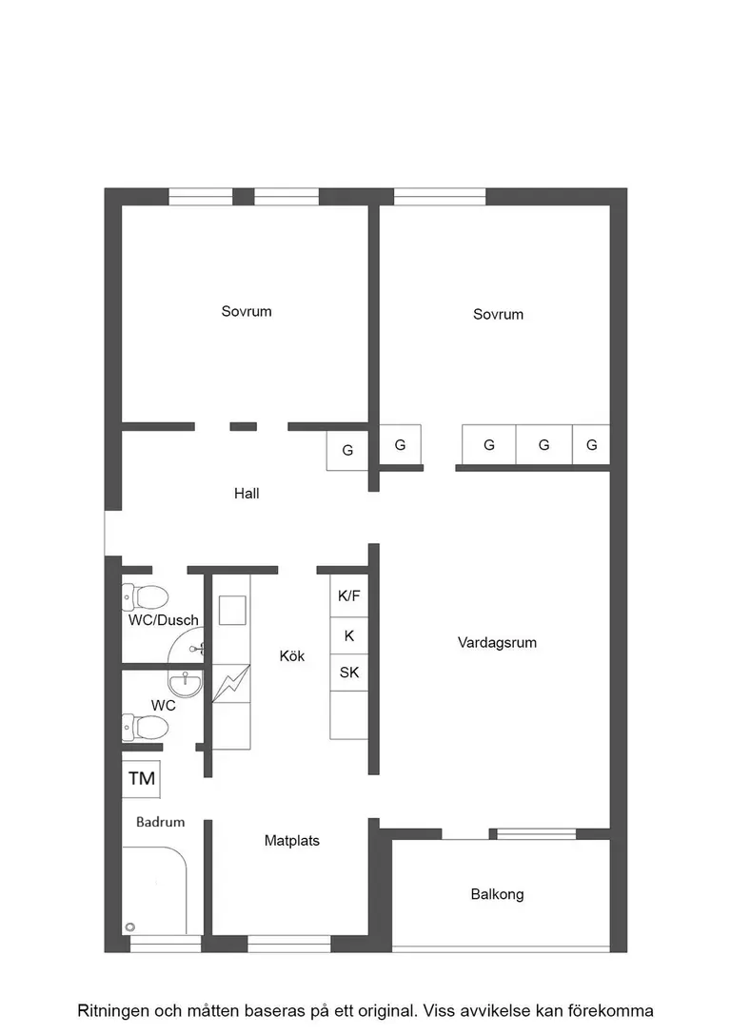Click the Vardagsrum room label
pos(497,643)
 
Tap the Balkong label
pos(497,894)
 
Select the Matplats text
pos(292,841)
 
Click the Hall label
pos(247,494)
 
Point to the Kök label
pos(292,656)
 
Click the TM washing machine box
pos(142,779)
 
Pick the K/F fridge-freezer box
pos(349,597)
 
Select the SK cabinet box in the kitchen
pos(349,673)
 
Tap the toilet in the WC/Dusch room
pos(146,597)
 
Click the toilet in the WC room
pos(146,728)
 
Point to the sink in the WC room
pos(184,683)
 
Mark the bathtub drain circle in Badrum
pos(130,927)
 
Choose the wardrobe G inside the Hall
pos(347,451)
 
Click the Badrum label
pos(160,822)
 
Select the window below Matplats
pos(288,944)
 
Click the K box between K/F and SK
pos(349,635)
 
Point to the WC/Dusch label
pos(164,620)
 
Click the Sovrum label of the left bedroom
pos(247,311)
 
